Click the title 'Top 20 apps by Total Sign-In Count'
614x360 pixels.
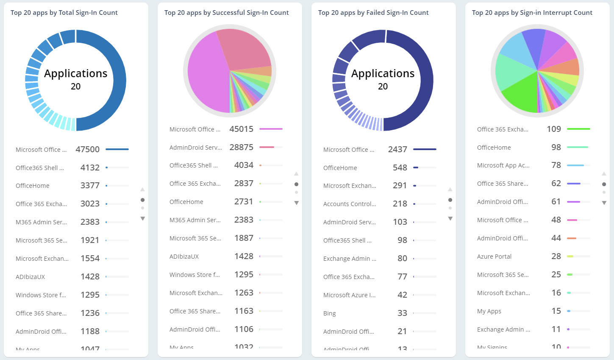point(64,13)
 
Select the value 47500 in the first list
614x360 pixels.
point(87,149)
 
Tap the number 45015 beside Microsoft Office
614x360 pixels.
point(241,129)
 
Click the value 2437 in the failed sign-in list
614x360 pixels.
point(397,149)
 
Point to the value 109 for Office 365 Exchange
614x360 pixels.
point(554,129)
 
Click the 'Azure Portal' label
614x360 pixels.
point(494,257)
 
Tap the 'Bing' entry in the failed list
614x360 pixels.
point(329,313)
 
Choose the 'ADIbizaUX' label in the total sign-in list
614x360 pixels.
point(30,277)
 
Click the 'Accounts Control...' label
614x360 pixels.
point(350,204)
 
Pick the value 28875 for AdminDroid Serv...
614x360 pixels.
point(241,147)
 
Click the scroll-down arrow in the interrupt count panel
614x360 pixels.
point(604,203)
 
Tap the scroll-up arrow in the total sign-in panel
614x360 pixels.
point(142,189)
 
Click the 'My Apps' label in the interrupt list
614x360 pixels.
point(489,311)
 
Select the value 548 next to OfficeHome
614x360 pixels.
point(400,167)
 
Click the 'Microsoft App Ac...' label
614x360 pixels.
point(503,165)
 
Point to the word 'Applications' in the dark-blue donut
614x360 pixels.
point(383,73)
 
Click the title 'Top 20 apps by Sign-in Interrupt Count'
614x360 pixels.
point(532,13)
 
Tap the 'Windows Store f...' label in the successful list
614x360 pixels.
point(194,275)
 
